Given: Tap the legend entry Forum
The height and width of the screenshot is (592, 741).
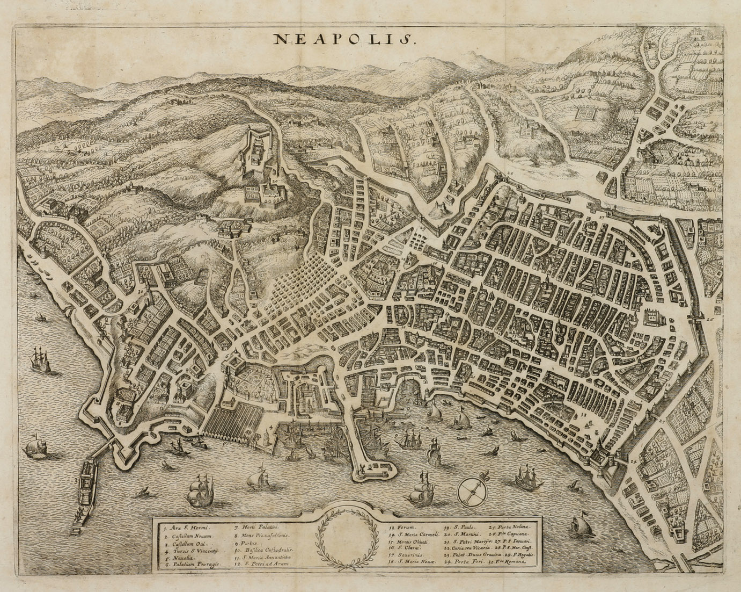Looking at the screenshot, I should click(407, 528).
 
